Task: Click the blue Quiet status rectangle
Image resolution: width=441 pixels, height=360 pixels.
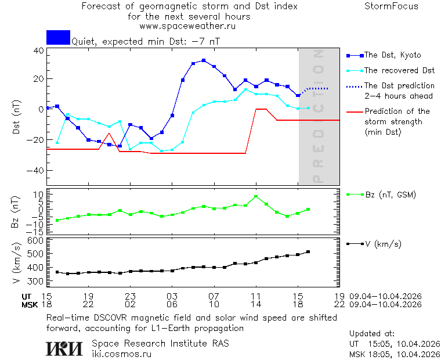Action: tap(58, 37)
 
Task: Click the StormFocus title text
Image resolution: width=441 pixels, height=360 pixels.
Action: tap(391, 6)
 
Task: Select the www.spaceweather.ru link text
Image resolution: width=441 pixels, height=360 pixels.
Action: tap(187, 26)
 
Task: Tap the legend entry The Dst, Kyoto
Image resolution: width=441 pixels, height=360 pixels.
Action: tap(392, 55)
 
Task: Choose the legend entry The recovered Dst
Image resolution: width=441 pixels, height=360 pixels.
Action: tap(399, 70)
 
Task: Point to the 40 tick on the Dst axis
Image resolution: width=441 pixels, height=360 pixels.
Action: tap(39, 51)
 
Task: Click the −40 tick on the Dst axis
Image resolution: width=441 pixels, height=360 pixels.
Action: tap(37, 171)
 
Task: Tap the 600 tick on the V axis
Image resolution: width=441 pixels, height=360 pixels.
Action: tap(37, 240)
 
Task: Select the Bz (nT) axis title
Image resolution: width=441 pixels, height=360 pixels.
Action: tap(16, 212)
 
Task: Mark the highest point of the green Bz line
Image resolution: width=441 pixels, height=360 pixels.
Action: tap(256, 196)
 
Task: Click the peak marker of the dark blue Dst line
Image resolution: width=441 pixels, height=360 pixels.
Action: tap(204, 60)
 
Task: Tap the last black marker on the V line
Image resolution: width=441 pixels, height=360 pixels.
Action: tap(308, 251)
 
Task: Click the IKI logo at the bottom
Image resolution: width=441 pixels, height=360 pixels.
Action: tap(65, 348)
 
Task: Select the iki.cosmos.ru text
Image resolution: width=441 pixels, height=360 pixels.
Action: tap(122, 353)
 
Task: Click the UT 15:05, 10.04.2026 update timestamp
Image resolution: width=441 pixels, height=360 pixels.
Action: tap(395, 344)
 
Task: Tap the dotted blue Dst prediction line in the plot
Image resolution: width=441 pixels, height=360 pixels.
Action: tap(316, 88)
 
